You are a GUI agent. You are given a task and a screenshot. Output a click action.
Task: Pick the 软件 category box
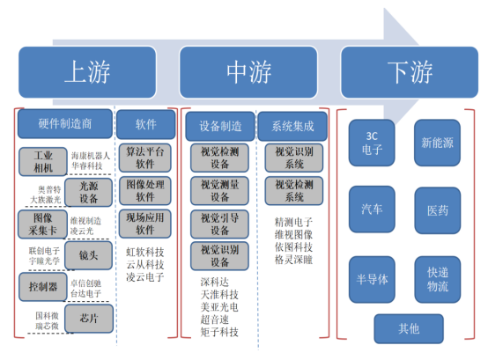[x=145, y=125]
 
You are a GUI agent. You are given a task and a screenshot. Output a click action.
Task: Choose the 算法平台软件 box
[x=145, y=157]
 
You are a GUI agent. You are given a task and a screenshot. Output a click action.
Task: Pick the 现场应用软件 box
[x=145, y=223]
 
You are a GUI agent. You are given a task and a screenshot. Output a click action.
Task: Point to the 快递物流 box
[x=437, y=280]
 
